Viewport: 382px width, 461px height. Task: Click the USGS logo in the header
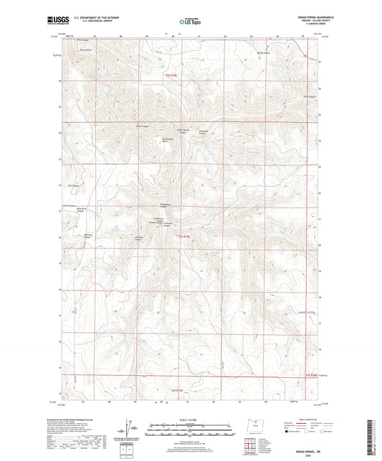(x=54, y=21)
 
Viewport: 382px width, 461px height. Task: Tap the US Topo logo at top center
(x=190, y=21)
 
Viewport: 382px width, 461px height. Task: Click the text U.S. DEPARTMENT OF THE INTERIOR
(x=91, y=19)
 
